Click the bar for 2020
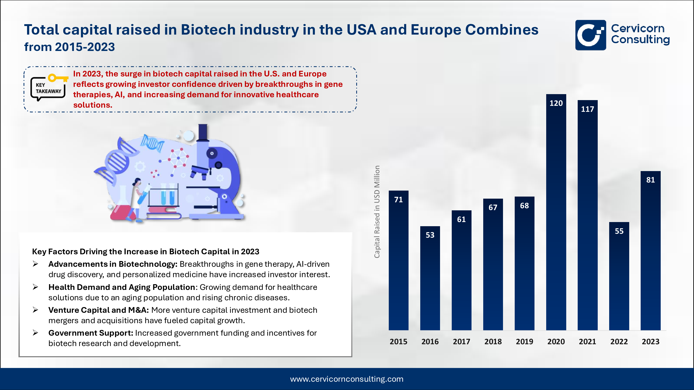556,215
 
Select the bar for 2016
430,280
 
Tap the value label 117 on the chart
587,109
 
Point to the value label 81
650,180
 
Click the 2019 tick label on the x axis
524,342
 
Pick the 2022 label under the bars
619,342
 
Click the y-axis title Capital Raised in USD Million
377,212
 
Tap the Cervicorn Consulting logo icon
590,35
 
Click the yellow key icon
58,78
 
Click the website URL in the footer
347,379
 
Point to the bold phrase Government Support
91,333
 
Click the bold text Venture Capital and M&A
98,310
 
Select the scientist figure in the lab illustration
137,199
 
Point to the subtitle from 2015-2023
69,47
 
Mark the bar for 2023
650,253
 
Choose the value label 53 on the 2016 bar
430,235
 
